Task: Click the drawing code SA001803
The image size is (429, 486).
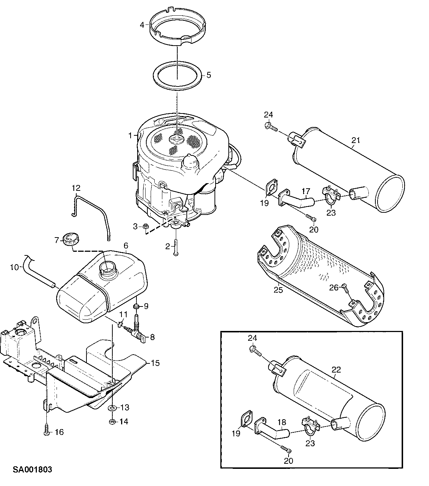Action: click(32, 469)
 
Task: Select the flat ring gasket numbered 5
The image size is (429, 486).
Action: click(177, 76)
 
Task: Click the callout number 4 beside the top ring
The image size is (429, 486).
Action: click(142, 25)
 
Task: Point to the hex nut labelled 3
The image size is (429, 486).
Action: click(145, 226)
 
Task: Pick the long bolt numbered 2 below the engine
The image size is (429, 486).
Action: click(176, 247)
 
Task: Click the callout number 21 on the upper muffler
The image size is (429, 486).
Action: click(356, 140)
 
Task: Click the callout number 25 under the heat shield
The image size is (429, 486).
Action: click(278, 290)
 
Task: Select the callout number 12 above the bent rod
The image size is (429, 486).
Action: click(76, 188)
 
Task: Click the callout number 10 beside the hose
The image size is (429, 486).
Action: click(15, 267)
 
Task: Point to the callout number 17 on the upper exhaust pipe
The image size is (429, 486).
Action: click(306, 191)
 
